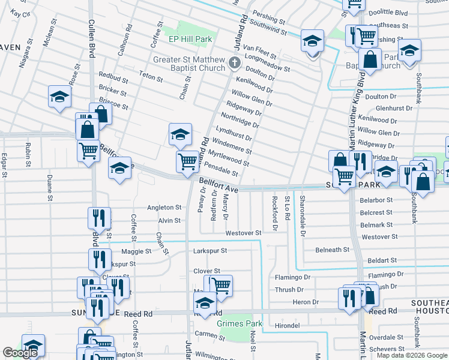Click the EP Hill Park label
(190, 39)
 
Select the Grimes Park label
(240, 323)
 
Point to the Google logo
(20, 353)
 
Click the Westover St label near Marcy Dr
(243, 233)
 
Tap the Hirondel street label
(288, 325)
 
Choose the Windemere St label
(232, 146)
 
